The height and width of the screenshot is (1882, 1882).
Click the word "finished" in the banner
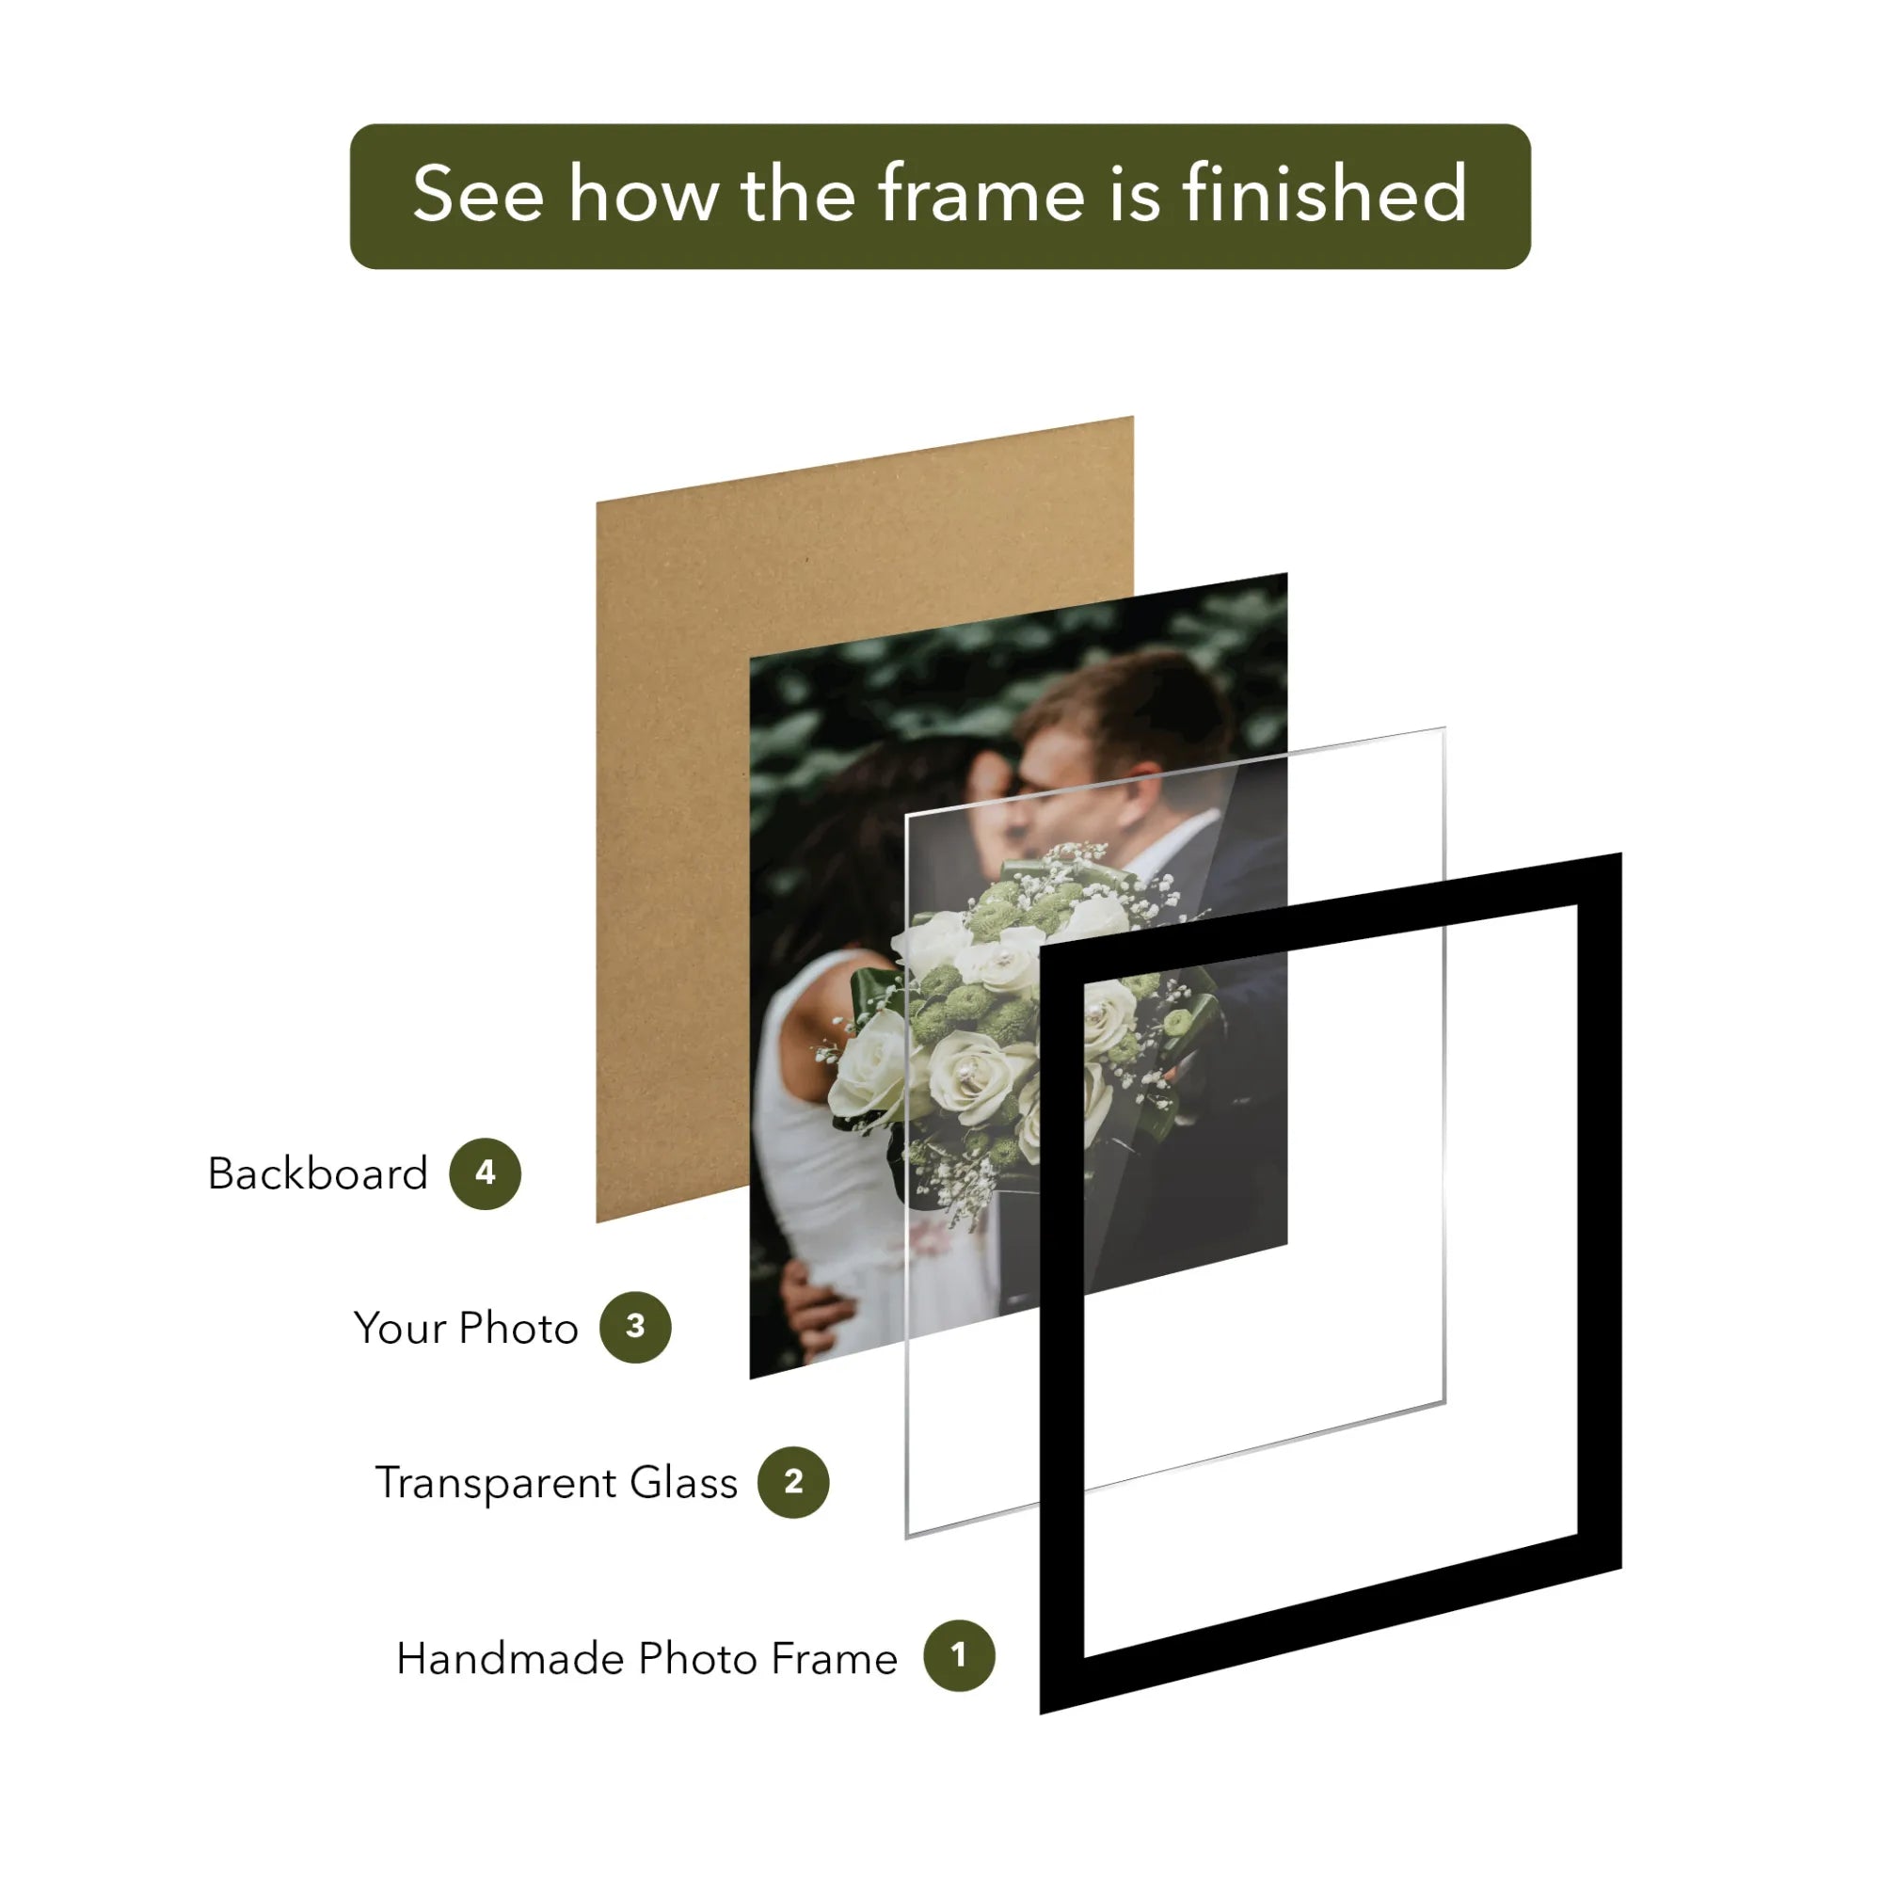click(x=1325, y=195)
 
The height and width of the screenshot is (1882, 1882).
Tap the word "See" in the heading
click(x=477, y=195)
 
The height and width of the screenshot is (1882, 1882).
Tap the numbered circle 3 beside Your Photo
click(x=635, y=1327)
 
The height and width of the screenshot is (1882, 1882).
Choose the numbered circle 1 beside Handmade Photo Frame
click(x=959, y=1655)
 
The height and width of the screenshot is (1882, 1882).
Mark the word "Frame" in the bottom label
click(x=834, y=1658)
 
